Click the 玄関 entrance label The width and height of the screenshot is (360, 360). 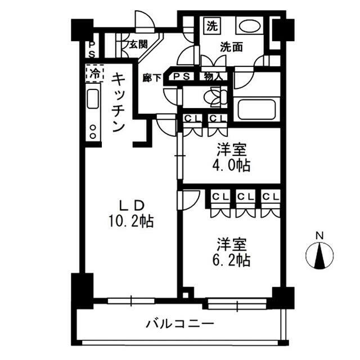tap(139, 44)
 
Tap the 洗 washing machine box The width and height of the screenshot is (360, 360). tap(211, 25)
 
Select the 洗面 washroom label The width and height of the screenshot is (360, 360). tap(231, 48)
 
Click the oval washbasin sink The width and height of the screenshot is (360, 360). tap(247, 26)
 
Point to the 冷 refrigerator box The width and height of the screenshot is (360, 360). tap(95, 72)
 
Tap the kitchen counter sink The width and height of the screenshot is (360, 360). tap(93, 101)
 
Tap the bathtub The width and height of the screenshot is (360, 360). tap(256, 109)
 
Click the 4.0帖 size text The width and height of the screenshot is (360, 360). tap(232, 166)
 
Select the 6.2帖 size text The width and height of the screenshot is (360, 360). tap(232, 260)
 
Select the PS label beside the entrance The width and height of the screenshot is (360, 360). tap(91, 48)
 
